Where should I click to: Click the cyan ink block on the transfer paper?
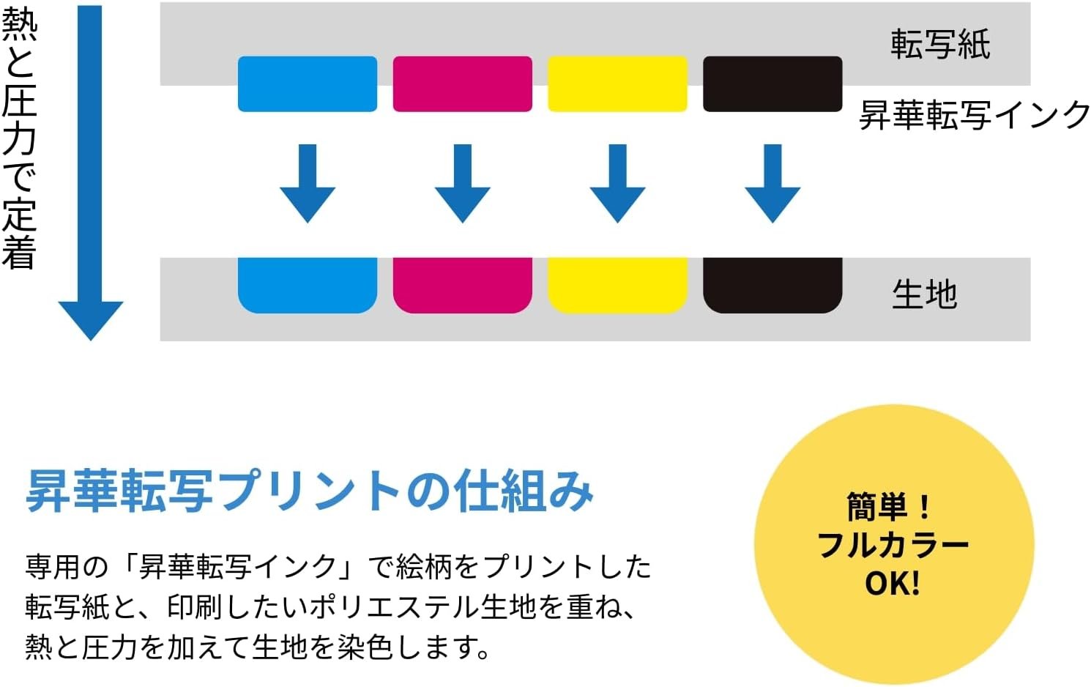308,84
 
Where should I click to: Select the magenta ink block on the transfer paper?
463,84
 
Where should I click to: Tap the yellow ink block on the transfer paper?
617,84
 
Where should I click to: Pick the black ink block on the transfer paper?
772,84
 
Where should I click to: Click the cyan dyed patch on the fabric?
308,285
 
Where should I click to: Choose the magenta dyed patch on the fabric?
463,285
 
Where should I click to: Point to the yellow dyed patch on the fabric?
617,285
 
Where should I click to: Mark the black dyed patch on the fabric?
772,285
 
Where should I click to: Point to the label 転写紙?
940,44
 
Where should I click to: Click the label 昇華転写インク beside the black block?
975,115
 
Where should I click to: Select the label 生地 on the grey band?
924,294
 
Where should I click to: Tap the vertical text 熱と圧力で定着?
19,139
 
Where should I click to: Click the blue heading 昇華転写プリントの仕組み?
309,490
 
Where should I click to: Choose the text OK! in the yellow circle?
892,584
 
